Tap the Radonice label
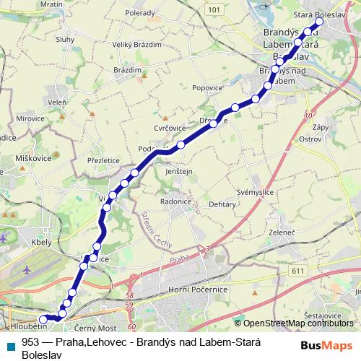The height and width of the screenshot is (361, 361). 176,201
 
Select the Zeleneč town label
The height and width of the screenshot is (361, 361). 282,232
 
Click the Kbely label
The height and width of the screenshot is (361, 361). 42,243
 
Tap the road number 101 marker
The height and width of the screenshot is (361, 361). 233,10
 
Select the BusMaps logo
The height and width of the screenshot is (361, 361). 326,344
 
